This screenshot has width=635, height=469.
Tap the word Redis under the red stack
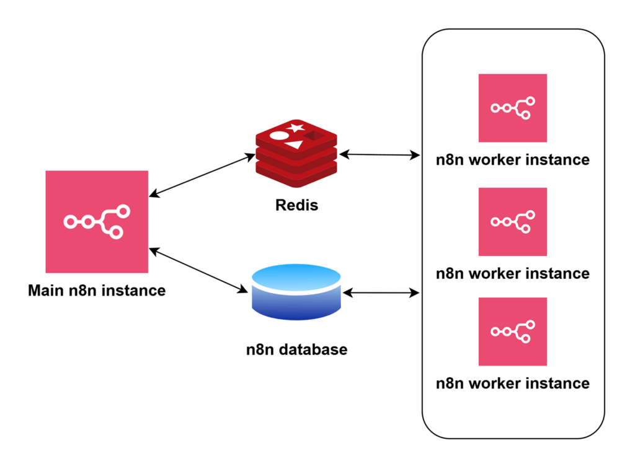point(296,204)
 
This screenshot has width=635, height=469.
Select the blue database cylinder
point(297,292)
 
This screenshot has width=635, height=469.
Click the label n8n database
point(296,349)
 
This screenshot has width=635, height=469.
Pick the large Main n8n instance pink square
point(97,221)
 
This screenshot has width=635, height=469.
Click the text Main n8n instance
point(97,290)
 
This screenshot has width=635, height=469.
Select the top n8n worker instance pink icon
point(512,108)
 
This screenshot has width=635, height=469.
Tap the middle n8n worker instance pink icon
point(512,221)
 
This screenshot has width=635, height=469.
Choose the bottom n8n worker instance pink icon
point(512,331)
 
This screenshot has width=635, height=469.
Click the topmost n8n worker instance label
point(512,160)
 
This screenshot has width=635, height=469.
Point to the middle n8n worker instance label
point(512,273)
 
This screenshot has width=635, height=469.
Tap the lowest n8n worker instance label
point(512,383)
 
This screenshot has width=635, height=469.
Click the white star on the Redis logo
point(296,128)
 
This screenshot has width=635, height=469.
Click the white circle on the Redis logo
point(280,136)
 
